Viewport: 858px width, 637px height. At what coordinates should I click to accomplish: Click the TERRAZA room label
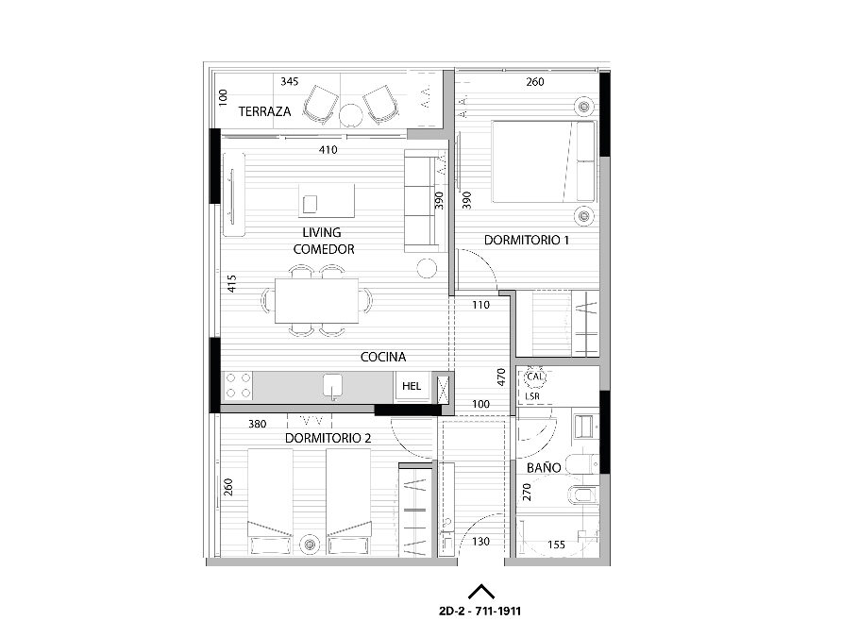pos(264,111)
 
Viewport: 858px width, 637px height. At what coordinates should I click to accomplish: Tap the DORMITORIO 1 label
pos(527,240)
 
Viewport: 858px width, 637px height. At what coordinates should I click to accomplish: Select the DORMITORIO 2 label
pos(328,438)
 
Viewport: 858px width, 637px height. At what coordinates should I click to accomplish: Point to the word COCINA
pos(383,357)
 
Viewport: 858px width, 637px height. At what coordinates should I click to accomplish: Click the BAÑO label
pos(544,467)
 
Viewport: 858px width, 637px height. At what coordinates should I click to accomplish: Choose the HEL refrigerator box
pos(412,386)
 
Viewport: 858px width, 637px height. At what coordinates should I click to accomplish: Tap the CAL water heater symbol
pos(534,377)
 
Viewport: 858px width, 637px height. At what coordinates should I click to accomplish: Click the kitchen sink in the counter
pos(332,385)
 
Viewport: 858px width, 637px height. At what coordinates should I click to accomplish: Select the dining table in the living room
pos(317,301)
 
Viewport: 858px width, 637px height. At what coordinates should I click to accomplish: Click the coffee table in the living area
pos(327,201)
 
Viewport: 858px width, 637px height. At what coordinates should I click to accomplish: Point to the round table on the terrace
pos(350,115)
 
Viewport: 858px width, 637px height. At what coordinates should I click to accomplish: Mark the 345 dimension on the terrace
pos(290,81)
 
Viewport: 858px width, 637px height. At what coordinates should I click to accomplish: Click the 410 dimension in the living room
pos(328,149)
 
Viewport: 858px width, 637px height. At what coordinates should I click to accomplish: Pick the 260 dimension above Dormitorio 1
pos(534,81)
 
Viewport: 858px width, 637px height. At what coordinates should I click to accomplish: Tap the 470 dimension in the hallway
pos(501,377)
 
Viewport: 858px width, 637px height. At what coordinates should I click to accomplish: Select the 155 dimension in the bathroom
pos(557,545)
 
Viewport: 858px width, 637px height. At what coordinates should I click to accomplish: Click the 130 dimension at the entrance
pos(481,542)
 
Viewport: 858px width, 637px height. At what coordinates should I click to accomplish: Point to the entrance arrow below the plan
pos(481,591)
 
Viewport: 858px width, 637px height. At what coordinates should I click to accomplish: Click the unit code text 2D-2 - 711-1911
pos(479,612)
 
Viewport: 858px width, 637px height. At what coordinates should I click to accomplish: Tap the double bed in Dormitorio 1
pos(544,161)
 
